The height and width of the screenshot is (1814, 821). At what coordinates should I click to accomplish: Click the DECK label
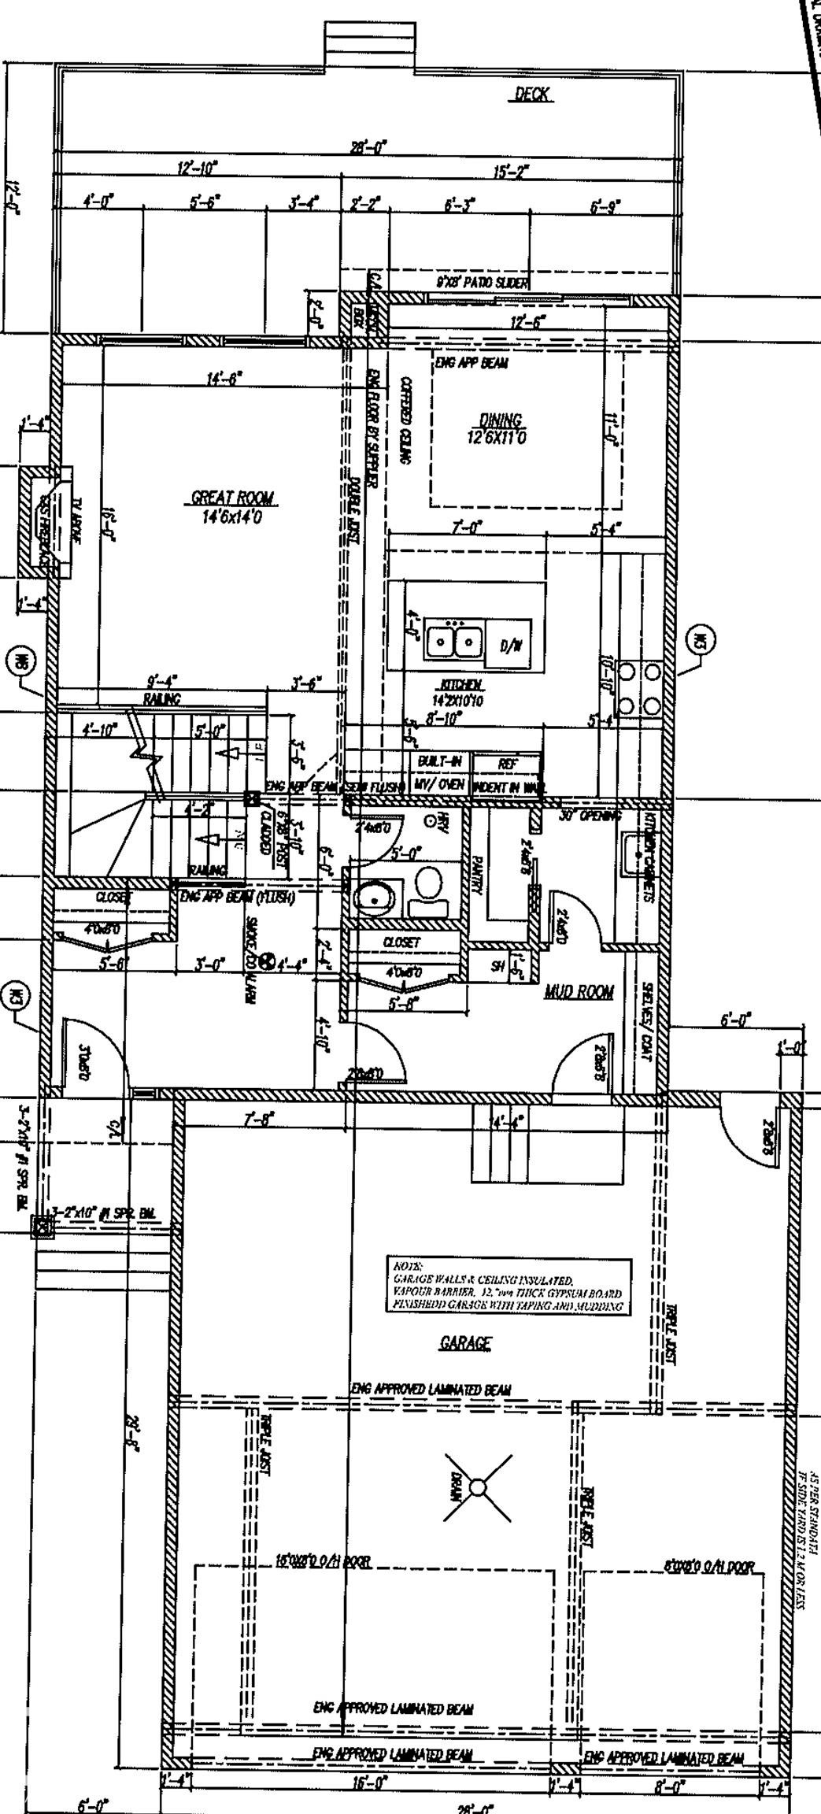(x=532, y=94)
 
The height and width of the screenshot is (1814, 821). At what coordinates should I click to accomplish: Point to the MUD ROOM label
(x=579, y=991)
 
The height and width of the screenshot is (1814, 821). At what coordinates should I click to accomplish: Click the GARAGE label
(x=465, y=1343)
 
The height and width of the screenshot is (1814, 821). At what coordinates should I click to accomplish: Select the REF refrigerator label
(x=507, y=763)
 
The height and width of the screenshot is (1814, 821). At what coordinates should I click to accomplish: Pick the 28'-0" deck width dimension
(x=368, y=146)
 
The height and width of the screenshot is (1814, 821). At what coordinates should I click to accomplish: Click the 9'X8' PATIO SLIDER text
(x=482, y=282)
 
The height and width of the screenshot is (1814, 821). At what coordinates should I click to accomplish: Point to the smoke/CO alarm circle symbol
(x=267, y=961)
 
